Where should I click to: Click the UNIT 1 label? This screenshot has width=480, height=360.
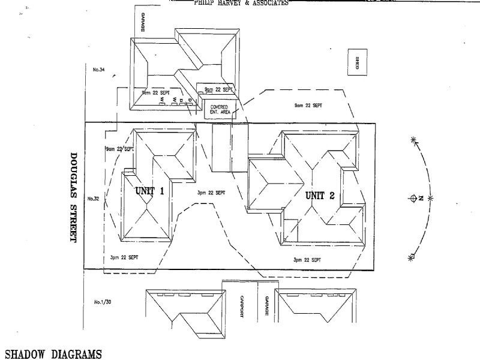coord(149,191)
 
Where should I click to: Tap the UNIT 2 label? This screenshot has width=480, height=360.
coord(323,195)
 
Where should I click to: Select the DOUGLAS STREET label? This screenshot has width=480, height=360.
coord(74,196)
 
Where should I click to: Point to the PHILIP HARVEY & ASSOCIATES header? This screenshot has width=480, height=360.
coord(241,3)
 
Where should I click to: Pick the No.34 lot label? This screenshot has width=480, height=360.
coord(99,70)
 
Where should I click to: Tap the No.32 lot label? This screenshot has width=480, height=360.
coord(92,199)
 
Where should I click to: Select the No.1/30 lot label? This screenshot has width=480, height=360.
coord(103,302)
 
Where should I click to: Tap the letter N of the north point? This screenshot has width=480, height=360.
coord(422,197)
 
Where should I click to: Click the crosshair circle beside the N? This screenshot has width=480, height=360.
coord(412,198)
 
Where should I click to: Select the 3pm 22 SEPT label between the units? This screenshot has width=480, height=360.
coord(211,193)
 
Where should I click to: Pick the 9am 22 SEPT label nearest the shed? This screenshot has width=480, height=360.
coord(308,105)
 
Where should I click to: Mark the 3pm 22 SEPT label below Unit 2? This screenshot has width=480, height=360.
coord(307,260)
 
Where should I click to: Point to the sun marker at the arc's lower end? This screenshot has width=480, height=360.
coord(412,257)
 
